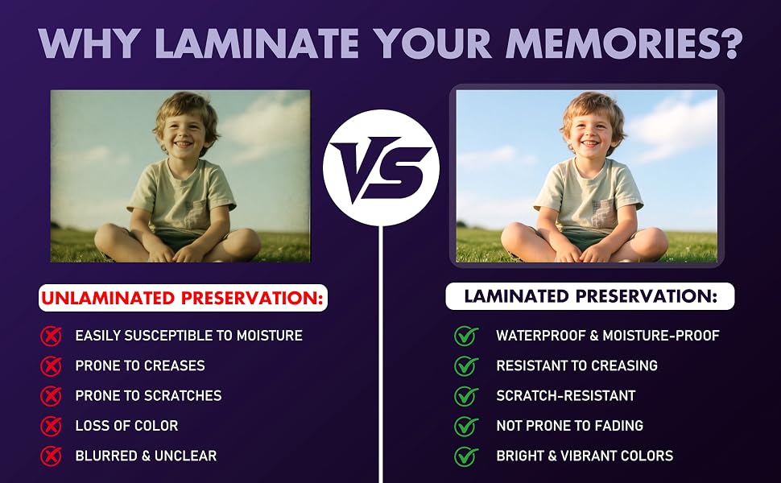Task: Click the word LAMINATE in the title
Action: [257, 43]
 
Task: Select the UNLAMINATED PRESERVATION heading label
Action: [183, 298]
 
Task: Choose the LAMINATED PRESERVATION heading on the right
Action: [590, 296]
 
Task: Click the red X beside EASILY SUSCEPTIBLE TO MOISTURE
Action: [51, 336]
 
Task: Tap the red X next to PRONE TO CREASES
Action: [51, 366]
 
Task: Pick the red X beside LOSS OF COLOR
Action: [51, 426]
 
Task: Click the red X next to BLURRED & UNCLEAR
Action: [51, 456]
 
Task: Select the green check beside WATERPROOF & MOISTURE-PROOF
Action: [465, 336]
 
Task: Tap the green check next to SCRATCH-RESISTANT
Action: [465, 396]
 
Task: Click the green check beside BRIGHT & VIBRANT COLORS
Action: [465, 456]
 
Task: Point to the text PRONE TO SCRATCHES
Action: [148, 396]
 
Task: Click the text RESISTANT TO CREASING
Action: [576, 366]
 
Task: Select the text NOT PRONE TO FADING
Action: [570, 426]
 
